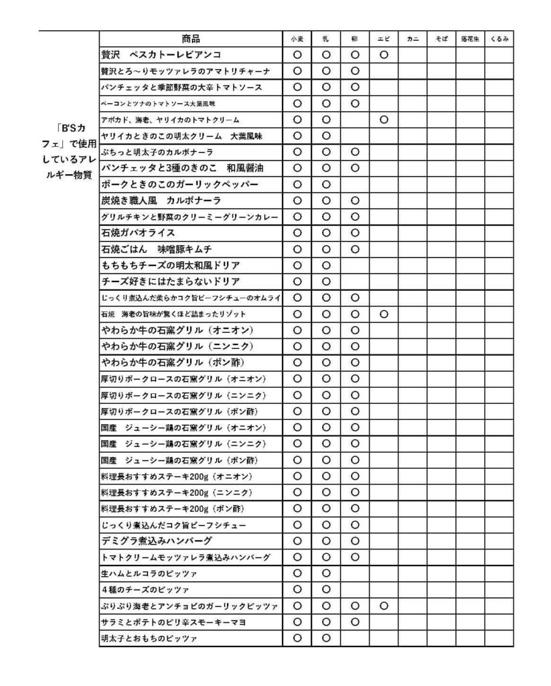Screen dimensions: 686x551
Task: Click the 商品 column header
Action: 191,39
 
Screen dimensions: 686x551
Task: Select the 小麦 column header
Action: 297,40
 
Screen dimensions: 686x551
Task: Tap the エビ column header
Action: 384,40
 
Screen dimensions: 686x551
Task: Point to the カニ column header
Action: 412,40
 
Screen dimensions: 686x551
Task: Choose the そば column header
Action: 441,40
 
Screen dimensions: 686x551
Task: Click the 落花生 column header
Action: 470,40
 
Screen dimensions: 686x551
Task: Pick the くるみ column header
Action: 499,40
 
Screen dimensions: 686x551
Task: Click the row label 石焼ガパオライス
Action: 138,232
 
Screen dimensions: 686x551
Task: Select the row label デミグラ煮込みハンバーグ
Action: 157,541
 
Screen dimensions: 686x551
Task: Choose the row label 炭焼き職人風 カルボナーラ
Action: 161,200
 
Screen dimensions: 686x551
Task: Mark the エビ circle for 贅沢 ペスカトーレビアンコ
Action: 384,55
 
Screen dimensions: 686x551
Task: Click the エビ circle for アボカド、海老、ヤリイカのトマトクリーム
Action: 384,120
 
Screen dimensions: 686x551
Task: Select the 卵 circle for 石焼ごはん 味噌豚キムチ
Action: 355,249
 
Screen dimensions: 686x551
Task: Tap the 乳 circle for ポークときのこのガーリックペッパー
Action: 326,184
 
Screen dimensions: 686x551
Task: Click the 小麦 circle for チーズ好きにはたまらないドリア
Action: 297,281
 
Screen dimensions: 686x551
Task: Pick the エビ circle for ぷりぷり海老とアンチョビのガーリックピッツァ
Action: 384,606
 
